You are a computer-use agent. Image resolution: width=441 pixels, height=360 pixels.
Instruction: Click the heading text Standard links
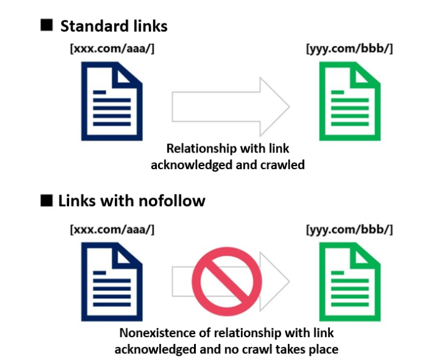tap(114, 26)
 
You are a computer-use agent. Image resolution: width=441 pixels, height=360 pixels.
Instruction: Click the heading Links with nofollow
tap(132, 201)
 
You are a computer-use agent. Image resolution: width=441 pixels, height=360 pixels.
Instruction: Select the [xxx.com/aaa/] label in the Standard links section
tap(112, 49)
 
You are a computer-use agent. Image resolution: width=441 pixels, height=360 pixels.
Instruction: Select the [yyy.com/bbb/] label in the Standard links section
tap(349, 49)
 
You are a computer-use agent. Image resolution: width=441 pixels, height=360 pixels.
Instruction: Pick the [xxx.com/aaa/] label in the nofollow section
tap(112, 230)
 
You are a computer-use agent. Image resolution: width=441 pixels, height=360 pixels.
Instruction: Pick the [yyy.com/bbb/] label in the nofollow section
tap(349, 230)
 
